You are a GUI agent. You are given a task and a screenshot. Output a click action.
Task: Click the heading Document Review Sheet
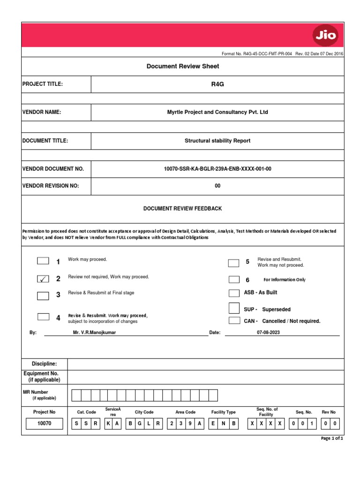pos(183,67)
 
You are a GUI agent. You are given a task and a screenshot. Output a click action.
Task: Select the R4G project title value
pos(217,84)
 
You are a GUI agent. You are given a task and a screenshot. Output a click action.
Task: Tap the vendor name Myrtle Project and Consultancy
pos(217,112)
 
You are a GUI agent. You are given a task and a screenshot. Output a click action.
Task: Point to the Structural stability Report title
pos(217,141)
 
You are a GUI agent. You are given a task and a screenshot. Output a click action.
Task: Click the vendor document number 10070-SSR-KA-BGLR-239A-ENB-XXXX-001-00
pos(217,169)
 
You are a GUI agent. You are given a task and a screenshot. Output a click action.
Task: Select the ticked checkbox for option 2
pos(43,279)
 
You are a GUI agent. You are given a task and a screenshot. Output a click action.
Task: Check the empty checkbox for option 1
pos(43,261)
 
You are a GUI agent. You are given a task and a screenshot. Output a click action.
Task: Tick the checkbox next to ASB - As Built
pos(234,293)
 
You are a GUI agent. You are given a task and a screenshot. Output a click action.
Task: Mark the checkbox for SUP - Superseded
pos(234,308)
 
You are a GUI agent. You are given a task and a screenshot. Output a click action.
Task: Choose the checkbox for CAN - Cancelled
pos(234,321)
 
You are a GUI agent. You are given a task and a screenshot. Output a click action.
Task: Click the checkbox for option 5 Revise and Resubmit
pos(234,262)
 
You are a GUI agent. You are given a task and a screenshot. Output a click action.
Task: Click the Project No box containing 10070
pos(44,424)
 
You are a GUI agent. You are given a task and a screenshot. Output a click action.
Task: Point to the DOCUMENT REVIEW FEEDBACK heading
pos(183,208)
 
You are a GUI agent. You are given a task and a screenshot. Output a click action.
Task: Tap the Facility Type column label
pos(224,412)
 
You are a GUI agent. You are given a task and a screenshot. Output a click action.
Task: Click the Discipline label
pos(44,364)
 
